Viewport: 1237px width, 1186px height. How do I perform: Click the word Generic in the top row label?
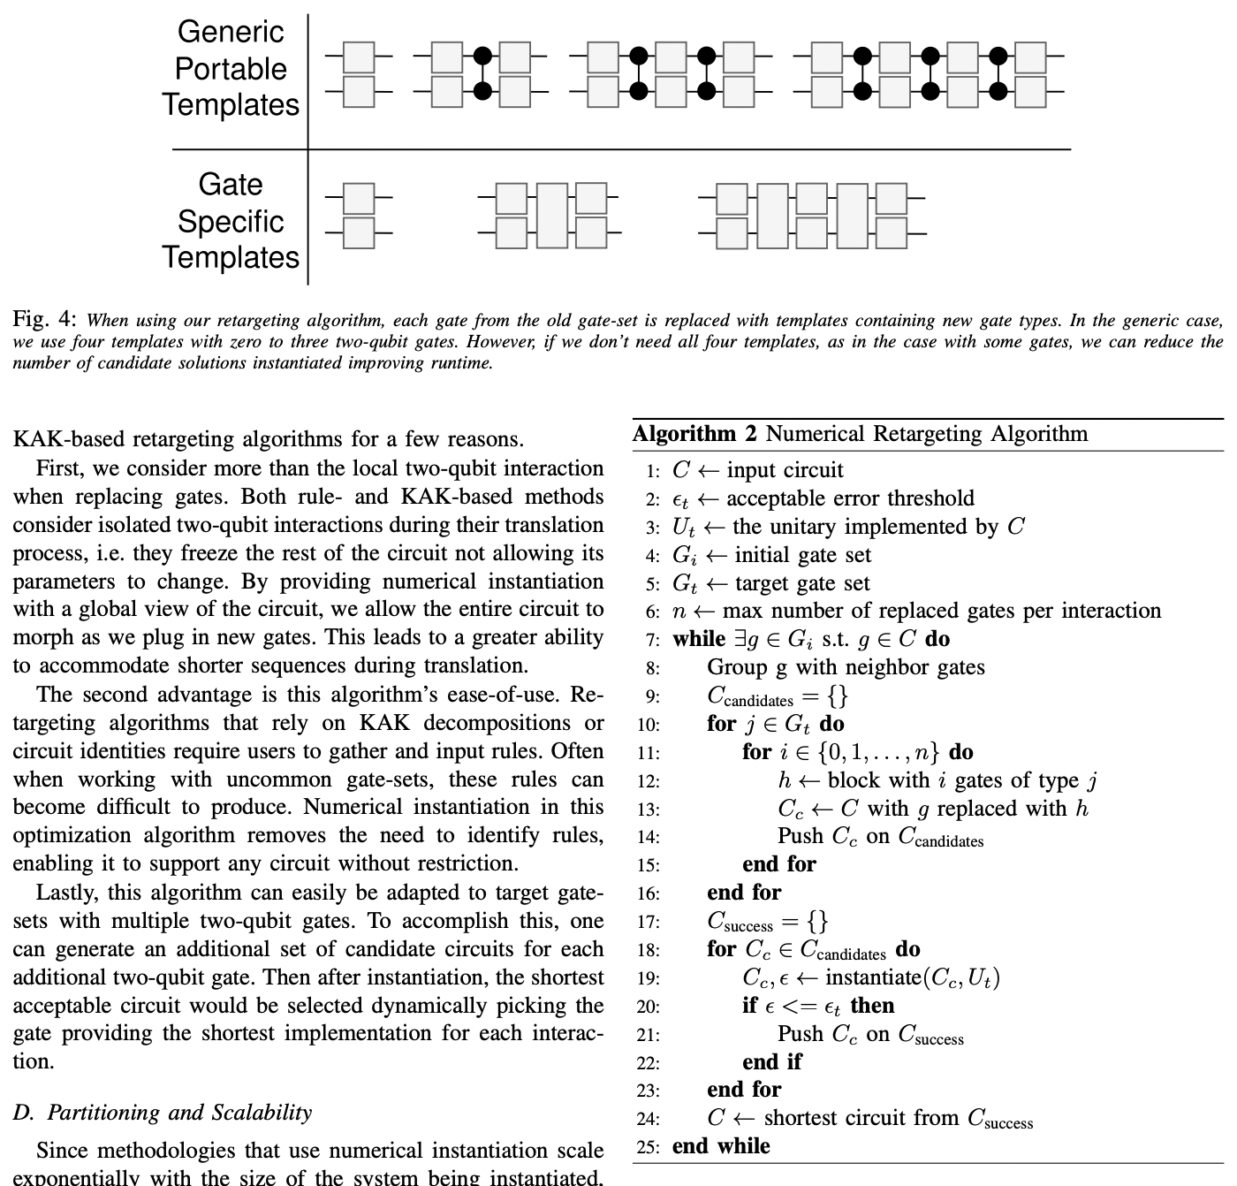231,32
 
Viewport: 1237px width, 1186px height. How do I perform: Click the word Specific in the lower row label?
231,221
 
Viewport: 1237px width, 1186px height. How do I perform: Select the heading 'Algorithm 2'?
695,434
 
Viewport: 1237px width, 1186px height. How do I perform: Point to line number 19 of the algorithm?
649,979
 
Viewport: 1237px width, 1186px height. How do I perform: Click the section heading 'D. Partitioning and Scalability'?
163,1112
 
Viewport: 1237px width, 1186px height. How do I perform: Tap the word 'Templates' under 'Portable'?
231,104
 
